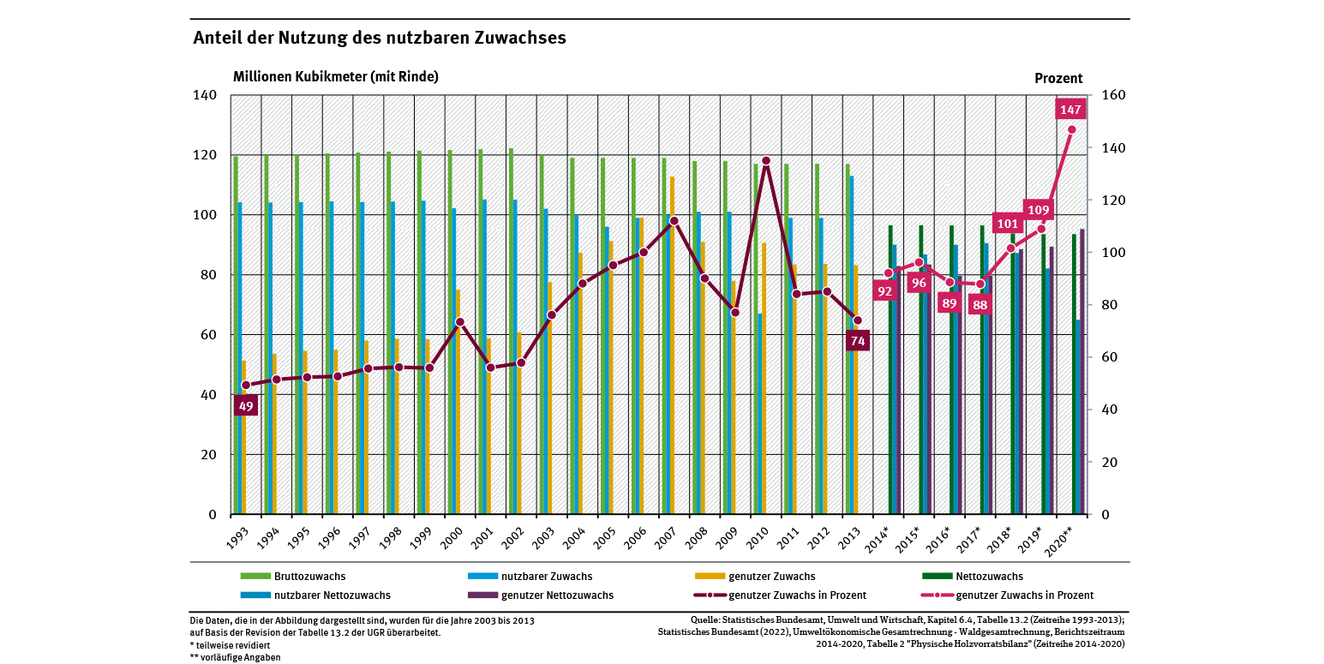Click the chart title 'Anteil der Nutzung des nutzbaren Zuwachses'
tap(379, 39)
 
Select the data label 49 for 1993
tap(246, 406)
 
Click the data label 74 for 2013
tap(858, 341)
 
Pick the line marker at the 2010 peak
tap(766, 160)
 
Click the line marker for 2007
tap(674, 220)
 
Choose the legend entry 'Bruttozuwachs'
tap(309, 577)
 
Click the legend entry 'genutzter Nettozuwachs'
tap(557, 595)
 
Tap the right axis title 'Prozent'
tap(1058, 78)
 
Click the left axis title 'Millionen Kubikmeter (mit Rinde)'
tap(336, 76)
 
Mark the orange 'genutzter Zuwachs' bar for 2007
tap(673, 343)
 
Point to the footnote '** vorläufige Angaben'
tap(235, 657)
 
